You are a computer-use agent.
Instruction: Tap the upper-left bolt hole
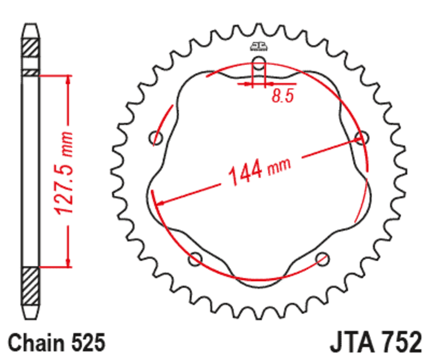tap(155, 137)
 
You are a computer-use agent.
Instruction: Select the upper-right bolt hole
tap(362, 138)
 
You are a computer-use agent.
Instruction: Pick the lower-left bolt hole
tap(195, 259)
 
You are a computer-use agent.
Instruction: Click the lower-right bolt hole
tap(323, 259)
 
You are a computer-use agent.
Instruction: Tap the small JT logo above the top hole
tap(258, 46)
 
